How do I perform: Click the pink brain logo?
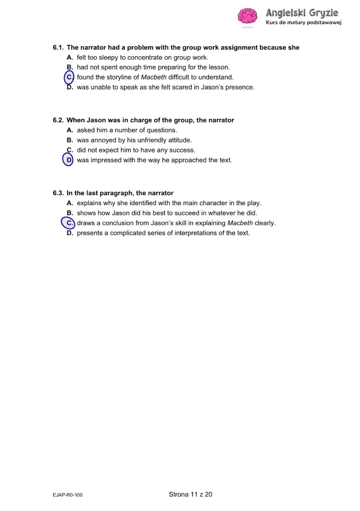click(247, 17)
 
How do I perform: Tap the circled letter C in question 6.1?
click(69, 77)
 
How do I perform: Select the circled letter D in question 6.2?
click(69, 160)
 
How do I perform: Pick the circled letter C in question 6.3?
click(69, 223)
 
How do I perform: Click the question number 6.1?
click(58, 48)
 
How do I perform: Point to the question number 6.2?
click(58, 120)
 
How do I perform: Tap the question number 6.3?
click(58, 193)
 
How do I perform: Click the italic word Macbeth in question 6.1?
click(154, 77)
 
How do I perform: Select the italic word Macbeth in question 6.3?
click(240, 223)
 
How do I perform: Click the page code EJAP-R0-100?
click(67, 495)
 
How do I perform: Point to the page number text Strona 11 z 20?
click(190, 495)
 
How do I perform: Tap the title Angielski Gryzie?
click(302, 13)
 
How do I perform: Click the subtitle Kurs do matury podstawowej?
click(303, 22)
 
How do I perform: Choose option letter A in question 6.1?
click(70, 57)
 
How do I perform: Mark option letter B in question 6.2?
click(70, 140)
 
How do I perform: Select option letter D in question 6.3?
click(70, 233)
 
